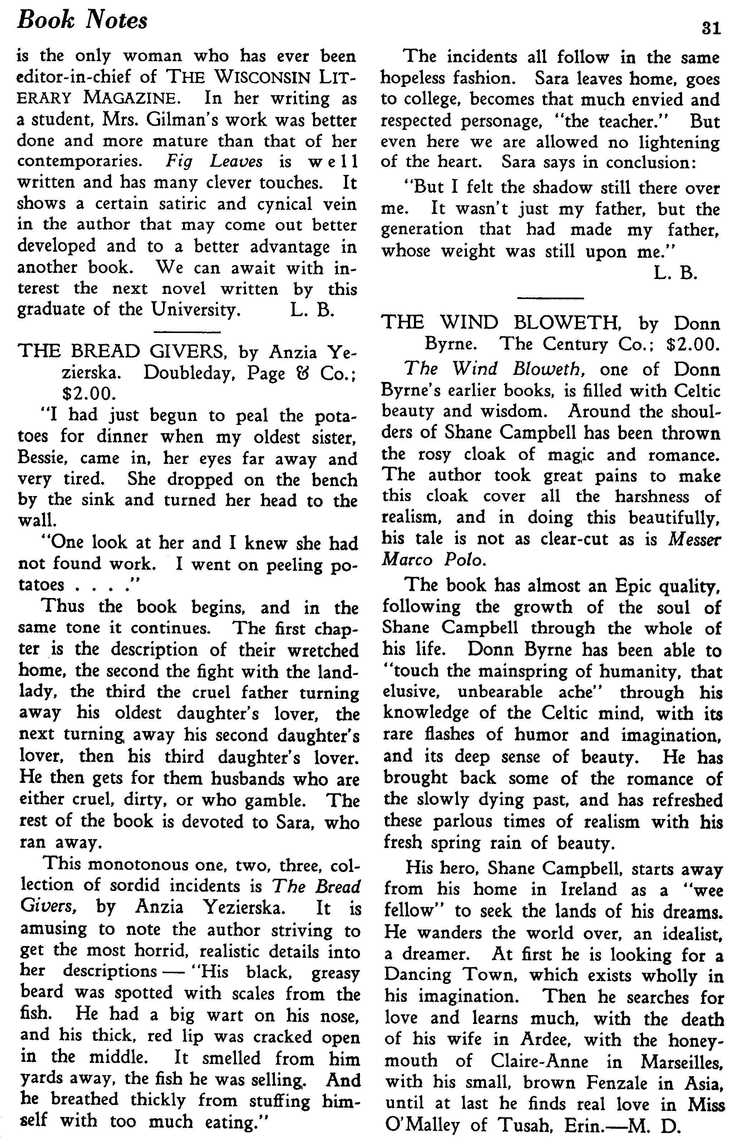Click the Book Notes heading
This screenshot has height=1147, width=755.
[x=82, y=21]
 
